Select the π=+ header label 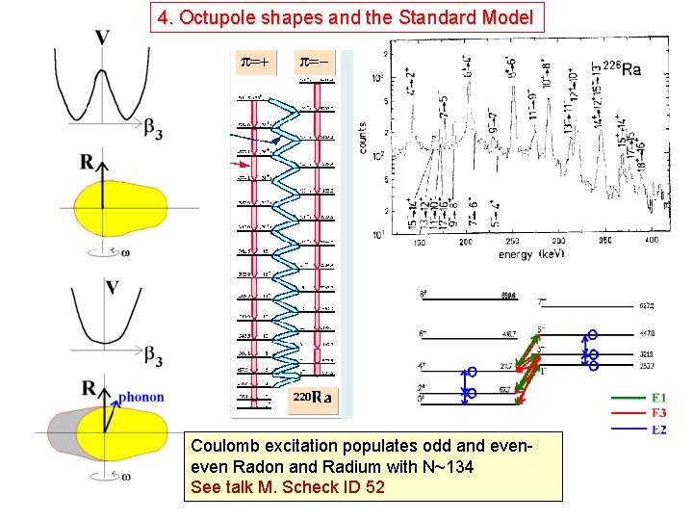[254, 64]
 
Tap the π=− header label [316, 64]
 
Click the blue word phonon [141, 397]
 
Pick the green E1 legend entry [658, 398]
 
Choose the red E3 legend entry [658, 413]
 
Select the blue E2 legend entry [658, 429]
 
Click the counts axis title [363, 137]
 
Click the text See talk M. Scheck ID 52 [288, 487]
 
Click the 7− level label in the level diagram [543, 301]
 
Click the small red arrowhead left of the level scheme [241, 165]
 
